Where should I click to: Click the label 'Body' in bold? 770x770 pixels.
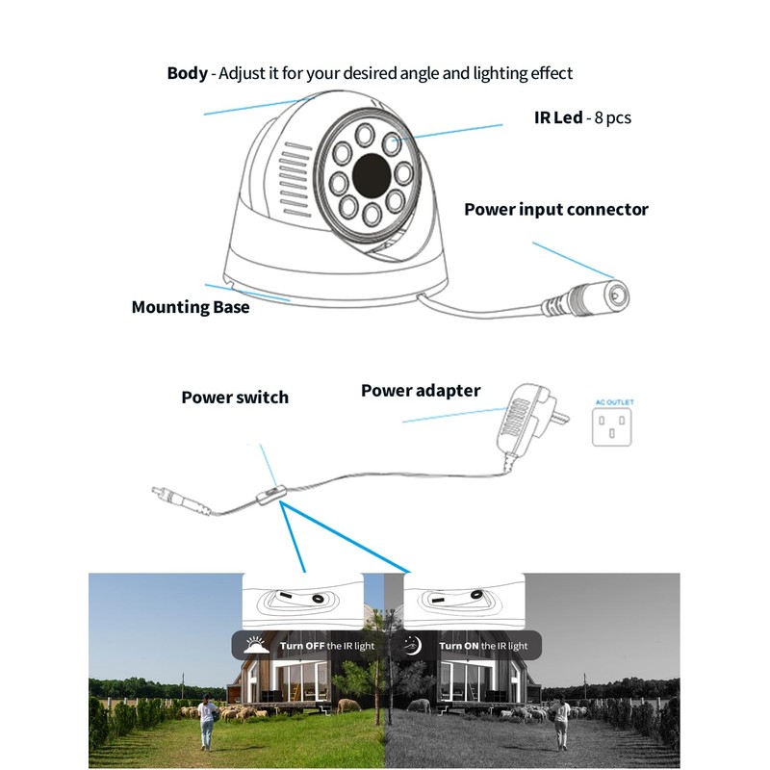187,73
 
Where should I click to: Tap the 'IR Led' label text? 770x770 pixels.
558,117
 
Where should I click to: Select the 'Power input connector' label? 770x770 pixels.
556,209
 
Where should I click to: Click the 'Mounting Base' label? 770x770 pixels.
190,307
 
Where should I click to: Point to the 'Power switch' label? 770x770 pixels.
235,397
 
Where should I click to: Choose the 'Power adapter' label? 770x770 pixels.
421,390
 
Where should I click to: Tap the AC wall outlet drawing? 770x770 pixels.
614,424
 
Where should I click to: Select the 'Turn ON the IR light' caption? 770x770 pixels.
483,646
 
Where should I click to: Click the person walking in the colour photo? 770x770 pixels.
206,721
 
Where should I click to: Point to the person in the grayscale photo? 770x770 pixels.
561,721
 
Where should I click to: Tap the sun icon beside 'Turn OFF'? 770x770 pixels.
254,645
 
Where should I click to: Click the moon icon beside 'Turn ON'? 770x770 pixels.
414,645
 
